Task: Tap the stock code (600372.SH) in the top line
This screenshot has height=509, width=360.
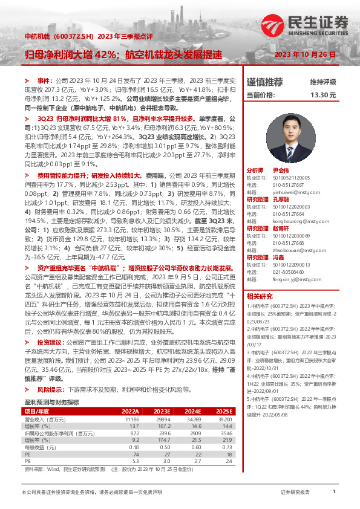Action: coord(76,36)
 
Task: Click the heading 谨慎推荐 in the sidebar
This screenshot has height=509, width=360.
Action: coord(264,82)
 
